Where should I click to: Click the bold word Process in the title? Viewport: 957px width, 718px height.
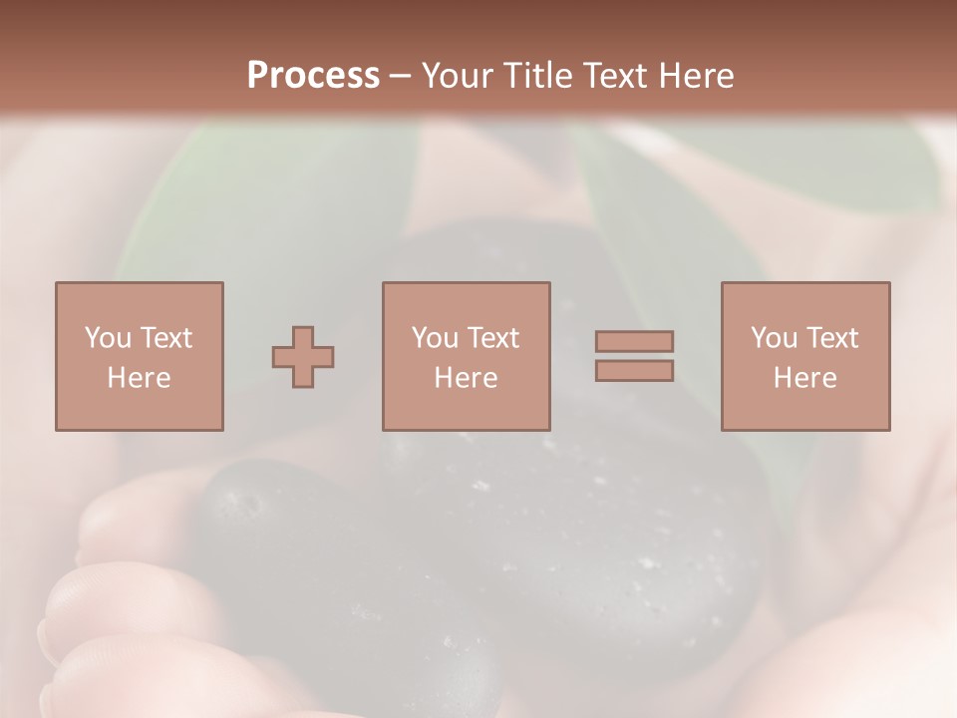(x=313, y=76)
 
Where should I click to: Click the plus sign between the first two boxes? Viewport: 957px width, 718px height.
(x=303, y=357)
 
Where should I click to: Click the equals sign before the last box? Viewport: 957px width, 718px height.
(x=634, y=357)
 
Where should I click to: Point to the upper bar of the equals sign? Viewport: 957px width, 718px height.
(x=634, y=342)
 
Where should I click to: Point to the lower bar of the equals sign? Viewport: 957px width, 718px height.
(x=634, y=371)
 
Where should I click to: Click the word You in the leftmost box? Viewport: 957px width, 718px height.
(x=108, y=338)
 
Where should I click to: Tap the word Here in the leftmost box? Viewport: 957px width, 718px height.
(x=139, y=378)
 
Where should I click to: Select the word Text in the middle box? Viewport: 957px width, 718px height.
(x=492, y=338)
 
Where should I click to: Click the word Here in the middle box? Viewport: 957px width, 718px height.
(x=466, y=378)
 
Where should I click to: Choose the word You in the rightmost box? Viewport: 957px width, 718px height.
(x=774, y=338)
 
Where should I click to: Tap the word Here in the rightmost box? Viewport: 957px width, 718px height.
(x=804, y=378)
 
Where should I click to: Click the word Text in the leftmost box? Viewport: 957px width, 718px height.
(x=165, y=338)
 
